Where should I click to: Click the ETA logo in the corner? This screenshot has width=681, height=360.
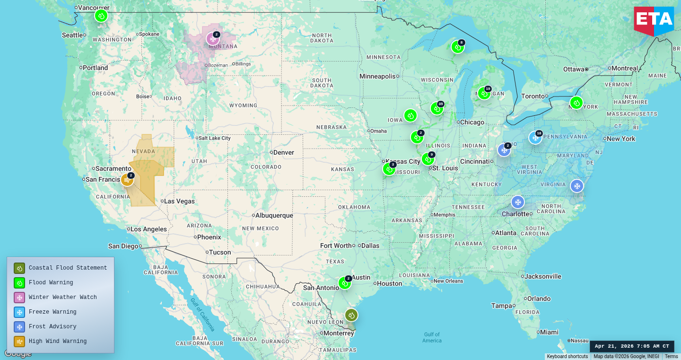(654, 20)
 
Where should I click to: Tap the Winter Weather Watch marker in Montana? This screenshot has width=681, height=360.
(213, 39)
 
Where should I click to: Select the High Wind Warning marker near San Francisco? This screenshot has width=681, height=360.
(127, 180)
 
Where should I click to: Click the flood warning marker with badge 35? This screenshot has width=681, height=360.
(437, 108)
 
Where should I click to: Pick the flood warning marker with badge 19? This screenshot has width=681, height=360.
(484, 93)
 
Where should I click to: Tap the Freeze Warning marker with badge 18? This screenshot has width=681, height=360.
(535, 138)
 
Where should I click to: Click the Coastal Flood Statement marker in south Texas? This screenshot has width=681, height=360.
(351, 315)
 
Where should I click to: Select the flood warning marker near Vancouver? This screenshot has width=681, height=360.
(101, 16)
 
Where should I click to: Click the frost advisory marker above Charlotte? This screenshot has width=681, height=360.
(518, 202)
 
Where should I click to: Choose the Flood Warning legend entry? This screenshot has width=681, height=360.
(51, 282)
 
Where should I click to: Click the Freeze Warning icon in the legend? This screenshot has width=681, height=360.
(19, 312)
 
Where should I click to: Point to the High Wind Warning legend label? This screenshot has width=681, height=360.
(57, 341)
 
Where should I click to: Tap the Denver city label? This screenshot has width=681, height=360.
(283, 152)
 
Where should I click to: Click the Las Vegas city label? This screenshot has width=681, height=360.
(179, 201)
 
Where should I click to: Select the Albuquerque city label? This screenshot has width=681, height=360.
(274, 215)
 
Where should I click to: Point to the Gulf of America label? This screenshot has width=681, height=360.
(432, 337)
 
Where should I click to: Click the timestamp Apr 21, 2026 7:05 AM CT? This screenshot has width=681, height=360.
(632, 346)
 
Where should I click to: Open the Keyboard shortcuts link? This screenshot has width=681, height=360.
(567, 357)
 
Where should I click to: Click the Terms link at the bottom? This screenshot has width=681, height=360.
(671, 357)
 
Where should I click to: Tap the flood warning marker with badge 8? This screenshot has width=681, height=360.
(457, 47)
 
